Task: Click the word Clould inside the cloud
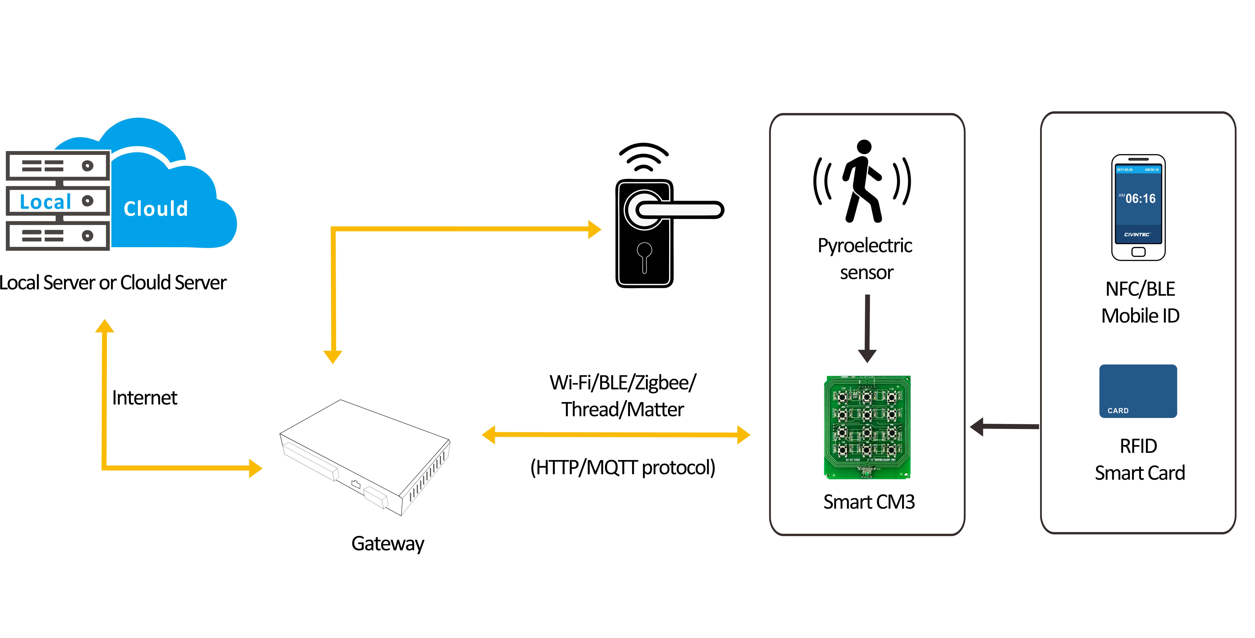[155, 209]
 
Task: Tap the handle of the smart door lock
[680, 210]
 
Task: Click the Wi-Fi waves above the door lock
[644, 157]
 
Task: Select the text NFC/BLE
[1140, 289]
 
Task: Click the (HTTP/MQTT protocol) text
[623, 467]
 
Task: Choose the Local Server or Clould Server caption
[113, 283]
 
